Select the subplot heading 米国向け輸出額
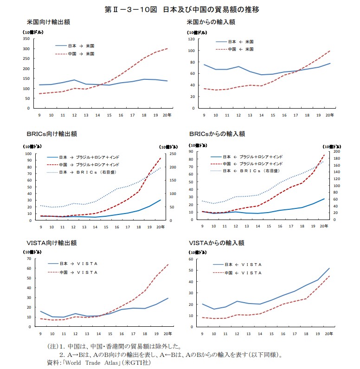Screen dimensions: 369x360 click(48, 22)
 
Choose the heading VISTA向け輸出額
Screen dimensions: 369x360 click(51, 243)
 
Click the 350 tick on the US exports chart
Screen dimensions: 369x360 click(26, 39)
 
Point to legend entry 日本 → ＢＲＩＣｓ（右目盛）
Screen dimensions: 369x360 click(88, 172)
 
